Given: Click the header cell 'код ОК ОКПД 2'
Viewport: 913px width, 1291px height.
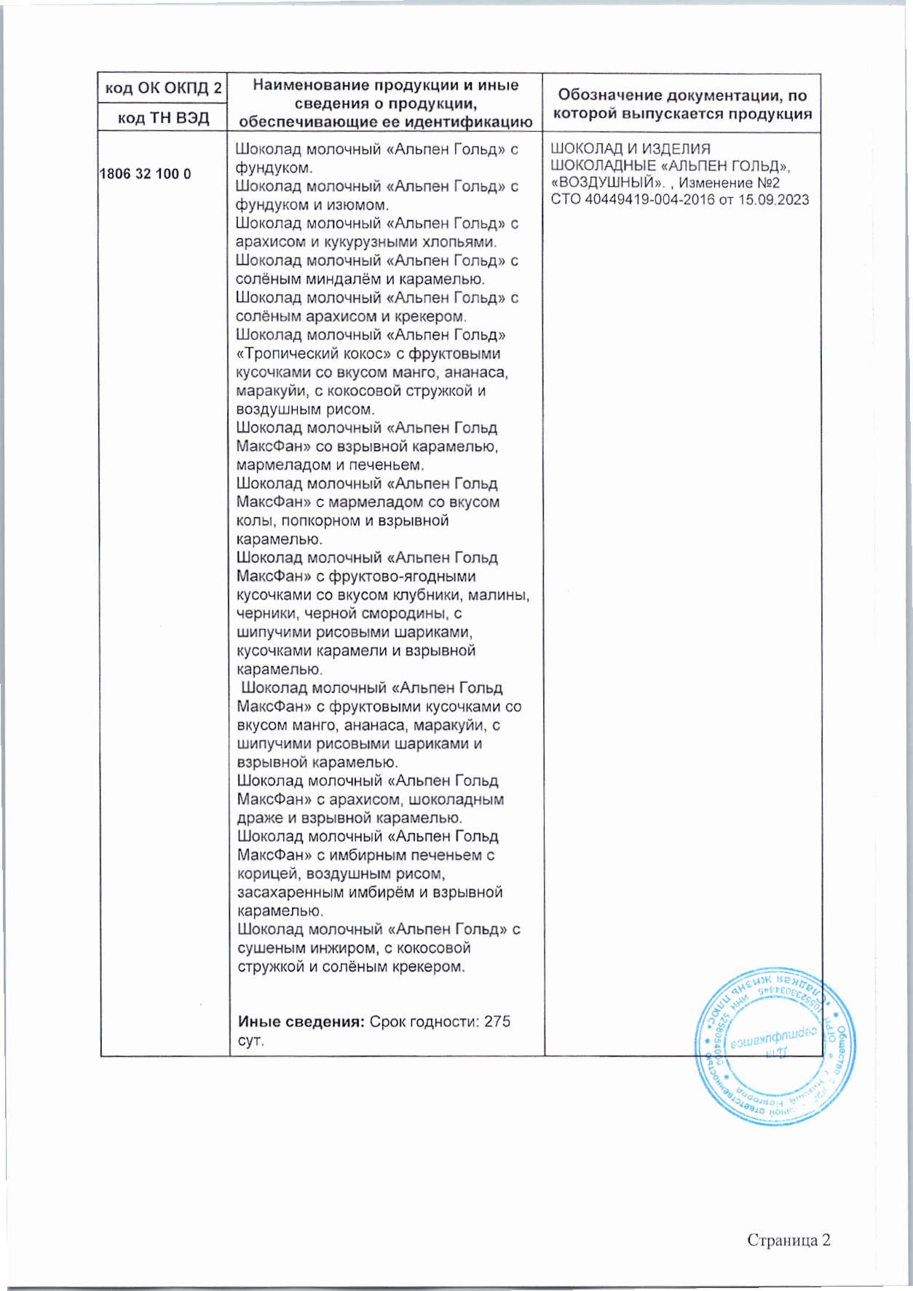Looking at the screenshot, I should point(164,89).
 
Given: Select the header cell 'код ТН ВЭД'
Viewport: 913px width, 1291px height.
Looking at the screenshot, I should point(164,118).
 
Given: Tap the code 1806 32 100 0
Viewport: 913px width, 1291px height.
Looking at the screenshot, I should point(145,175).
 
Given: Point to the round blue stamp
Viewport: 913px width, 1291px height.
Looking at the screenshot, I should point(773,1046).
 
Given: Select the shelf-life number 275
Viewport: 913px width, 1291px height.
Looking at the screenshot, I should point(497,1022).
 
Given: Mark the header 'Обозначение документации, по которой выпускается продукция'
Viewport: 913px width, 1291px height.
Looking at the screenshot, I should point(682,104).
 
